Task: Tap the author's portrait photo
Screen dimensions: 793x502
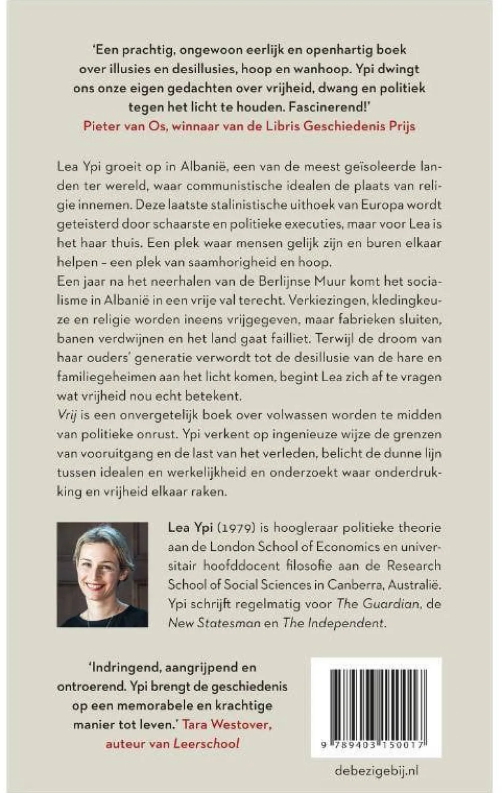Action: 102,574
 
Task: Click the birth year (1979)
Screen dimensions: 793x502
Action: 221,528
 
